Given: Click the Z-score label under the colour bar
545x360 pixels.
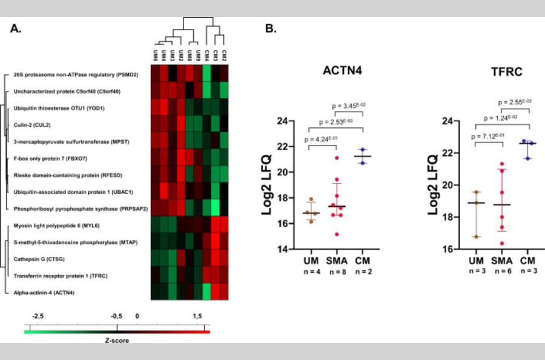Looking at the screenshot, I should click(116, 340).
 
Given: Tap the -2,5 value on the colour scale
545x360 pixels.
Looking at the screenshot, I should click(38, 316).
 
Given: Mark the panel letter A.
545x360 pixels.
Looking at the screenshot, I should click(17, 28).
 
